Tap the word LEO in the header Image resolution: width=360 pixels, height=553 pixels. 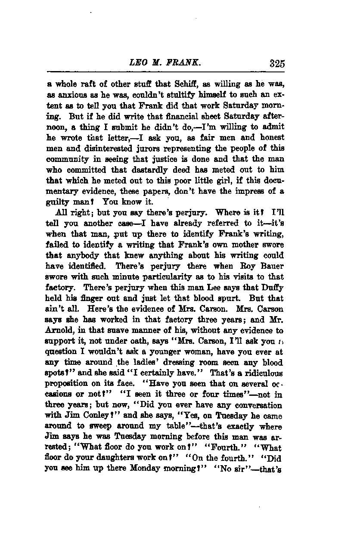(x=137, y=63)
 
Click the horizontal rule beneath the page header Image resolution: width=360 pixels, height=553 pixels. (x=166, y=71)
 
